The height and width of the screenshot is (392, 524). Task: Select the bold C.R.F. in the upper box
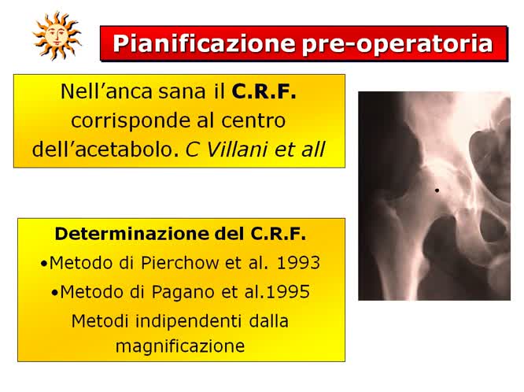(264, 92)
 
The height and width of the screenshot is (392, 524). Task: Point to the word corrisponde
(120, 120)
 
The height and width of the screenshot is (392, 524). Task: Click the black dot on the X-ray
(437, 190)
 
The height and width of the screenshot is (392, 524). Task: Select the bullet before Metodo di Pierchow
(43, 263)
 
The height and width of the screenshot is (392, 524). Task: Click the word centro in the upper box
(254, 120)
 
